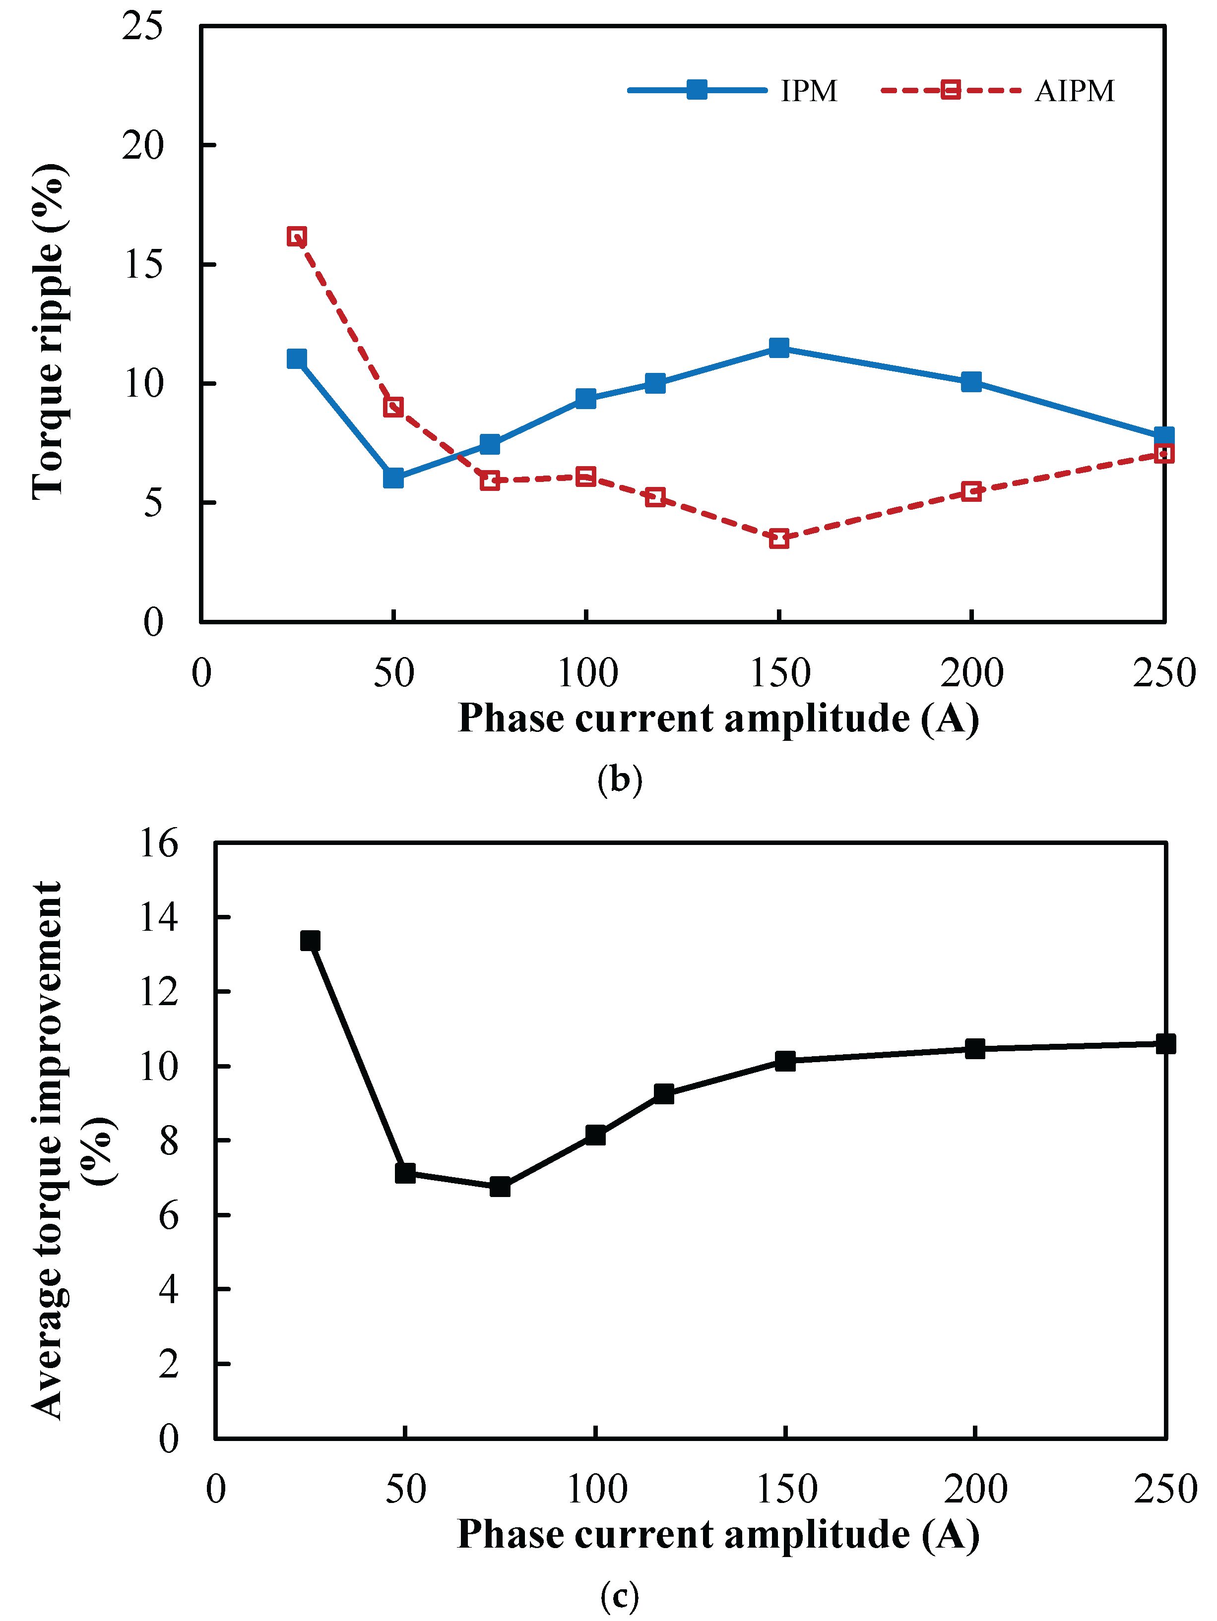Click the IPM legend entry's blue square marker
click(x=697, y=90)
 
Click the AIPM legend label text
click(x=1074, y=91)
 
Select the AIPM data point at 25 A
click(x=296, y=236)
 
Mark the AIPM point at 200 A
click(x=971, y=491)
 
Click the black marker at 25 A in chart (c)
click(x=310, y=940)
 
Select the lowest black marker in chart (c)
click(x=500, y=1187)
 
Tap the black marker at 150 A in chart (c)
click(x=785, y=1060)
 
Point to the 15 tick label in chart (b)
click(x=142, y=265)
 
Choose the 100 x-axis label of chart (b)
click(x=587, y=673)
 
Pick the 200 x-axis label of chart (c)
click(x=975, y=1489)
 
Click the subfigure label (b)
click(x=620, y=779)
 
